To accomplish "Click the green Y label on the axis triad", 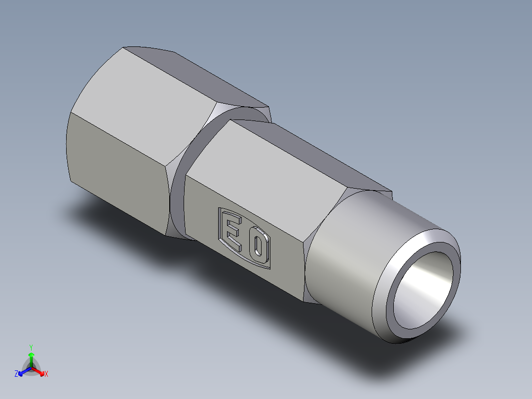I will (x=31, y=347).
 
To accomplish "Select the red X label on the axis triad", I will (x=46, y=374).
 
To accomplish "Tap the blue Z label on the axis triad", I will (x=16, y=374).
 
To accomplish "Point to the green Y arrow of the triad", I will (x=31, y=358).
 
